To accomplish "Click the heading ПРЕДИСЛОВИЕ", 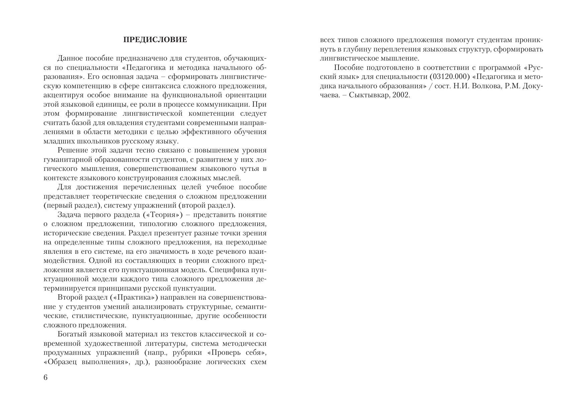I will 155,40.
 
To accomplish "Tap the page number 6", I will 46,378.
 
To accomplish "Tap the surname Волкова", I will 485,86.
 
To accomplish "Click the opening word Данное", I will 69,59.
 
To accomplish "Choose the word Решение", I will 72,150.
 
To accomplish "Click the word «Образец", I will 60,362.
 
